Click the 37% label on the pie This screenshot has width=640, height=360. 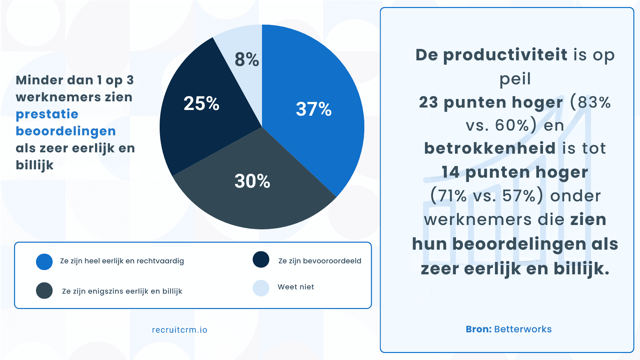tap(314, 109)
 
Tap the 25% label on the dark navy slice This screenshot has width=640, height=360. tap(201, 103)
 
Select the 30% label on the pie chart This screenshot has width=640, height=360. tap(252, 181)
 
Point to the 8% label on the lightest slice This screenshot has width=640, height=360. tap(247, 60)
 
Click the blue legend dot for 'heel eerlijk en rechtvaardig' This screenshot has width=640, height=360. tap(44, 262)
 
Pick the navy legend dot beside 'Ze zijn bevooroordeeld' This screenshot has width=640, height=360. tap(261, 259)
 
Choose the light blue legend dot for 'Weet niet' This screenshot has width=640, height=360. tap(261, 288)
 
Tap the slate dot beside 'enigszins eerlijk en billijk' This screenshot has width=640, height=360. tap(44, 290)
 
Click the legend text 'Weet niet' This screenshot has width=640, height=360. tap(296, 287)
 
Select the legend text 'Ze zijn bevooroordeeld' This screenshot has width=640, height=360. tap(320, 261)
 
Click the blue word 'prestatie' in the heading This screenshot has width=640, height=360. tap(47, 114)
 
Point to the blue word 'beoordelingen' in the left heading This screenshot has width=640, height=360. tap(66, 131)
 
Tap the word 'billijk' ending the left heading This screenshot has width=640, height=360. tap(35, 165)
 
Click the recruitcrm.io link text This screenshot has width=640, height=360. tap(180, 330)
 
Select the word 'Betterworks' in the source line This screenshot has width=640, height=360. tap(523, 329)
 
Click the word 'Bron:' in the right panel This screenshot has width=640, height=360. tap(479, 329)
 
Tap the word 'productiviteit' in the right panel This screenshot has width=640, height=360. tap(505, 55)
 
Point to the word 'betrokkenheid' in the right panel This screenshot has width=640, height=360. tap(490, 148)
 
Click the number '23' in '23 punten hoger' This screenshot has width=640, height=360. tap(428, 102)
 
